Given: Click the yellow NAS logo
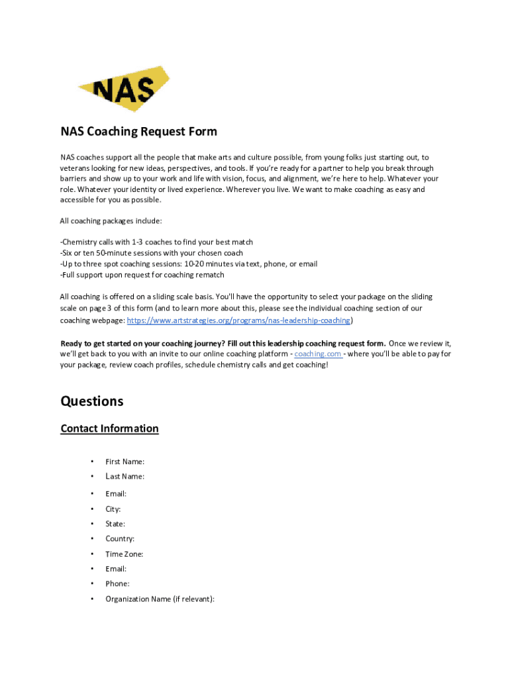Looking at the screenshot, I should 124,89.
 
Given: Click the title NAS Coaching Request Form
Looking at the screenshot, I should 138,131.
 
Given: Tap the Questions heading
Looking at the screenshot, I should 91,401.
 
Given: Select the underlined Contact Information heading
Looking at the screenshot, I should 109,428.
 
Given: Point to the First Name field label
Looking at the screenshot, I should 125,461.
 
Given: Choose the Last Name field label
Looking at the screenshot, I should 125,476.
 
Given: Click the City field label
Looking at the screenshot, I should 113,509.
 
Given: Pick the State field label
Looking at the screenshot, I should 115,524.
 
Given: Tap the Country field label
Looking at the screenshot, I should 120,539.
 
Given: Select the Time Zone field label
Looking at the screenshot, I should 124,554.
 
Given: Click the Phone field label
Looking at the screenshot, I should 117,584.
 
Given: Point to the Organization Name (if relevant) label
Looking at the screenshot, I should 160,599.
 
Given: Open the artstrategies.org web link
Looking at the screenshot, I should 238,320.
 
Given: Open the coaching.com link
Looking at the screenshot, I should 318,354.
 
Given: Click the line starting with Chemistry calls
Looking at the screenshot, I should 156,242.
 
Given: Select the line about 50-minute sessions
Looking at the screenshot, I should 151,253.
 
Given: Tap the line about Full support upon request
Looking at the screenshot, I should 142,275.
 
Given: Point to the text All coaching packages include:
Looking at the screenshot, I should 111,220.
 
